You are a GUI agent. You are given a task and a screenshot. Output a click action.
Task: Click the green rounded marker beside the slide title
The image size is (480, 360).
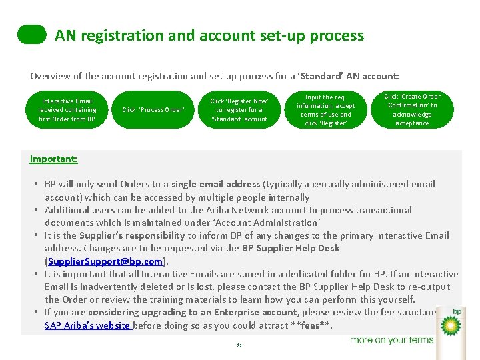[x=32, y=35]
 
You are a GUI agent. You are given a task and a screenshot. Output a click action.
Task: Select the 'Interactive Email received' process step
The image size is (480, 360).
[x=67, y=110]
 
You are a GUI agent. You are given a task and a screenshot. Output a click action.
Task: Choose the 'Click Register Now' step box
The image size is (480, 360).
[x=239, y=110]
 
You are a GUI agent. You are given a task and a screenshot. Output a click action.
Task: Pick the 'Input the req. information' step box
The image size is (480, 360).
[x=326, y=110]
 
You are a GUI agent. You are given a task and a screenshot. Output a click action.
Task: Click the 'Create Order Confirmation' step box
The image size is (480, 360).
[x=412, y=110]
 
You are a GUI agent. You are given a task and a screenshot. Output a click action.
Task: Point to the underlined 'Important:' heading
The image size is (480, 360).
[x=53, y=159]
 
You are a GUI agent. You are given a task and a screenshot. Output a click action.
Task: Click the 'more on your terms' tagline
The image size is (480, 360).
[x=392, y=340]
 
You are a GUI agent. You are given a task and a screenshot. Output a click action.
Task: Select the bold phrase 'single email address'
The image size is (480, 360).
[x=216, y=184]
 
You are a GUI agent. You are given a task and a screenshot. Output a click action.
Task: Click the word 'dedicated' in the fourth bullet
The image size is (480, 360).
[x=283, y=274]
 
